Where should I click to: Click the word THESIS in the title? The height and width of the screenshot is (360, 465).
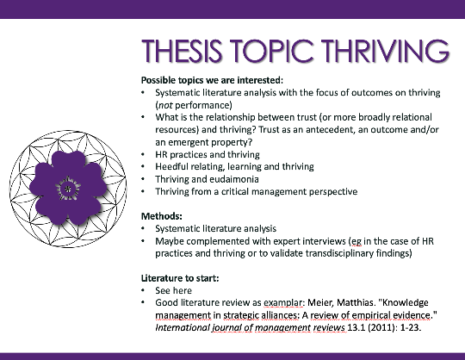[x=183, y=51]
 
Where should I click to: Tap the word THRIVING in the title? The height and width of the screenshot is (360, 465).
[x=386, y=51]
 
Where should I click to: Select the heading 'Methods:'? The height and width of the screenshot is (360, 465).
[x=162, y=216]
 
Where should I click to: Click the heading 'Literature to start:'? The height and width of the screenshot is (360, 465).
[x=180, y=278]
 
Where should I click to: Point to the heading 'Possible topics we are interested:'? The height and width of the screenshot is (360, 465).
[x=213, y=80]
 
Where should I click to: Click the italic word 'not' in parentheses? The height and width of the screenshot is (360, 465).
[x=165, y=105]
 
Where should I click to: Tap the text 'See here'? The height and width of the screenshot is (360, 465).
[x=173, y=290]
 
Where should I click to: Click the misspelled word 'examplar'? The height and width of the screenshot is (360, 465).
[x=282, y=303]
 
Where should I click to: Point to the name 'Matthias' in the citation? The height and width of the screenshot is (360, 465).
[x=355, y=303]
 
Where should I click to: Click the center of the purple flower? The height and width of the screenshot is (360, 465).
[x=68, y=189]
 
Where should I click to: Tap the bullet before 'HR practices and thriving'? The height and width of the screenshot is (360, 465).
[x=143, y=155]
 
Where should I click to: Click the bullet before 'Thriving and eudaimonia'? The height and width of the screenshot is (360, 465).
[x=143, y=179]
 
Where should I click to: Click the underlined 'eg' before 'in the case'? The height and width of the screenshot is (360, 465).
[x=356, y=242]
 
